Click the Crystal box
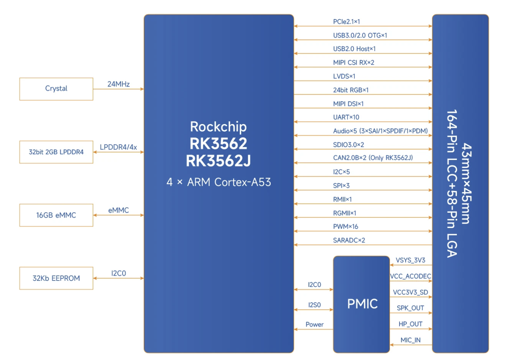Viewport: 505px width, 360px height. (x=56, y=89)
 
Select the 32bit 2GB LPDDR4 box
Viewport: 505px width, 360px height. (x=56, y=152)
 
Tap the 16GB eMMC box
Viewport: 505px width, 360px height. (x=56, y=215)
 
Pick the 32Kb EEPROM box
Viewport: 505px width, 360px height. (x=56, y=278)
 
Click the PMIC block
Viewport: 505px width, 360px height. (x=362, y=304)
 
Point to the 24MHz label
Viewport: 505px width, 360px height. (x=118, y=84)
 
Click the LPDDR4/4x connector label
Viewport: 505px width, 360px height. (x=118, y=147)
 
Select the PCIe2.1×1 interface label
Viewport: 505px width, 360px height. (x=346, y=22)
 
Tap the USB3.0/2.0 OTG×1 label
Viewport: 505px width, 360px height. (x=360, y=35)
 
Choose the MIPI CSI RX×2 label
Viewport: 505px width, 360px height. (x=353, y=63)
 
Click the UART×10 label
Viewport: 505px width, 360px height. (x=346, y=117)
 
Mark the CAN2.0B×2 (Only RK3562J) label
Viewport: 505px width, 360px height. (x=373, y=158)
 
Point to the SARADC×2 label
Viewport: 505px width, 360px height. (x=349, y=240)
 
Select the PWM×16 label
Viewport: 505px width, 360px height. (x=345, y=227)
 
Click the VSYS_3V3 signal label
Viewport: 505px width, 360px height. (x=410, y=260)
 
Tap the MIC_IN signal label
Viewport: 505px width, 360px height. (x=410, y=340)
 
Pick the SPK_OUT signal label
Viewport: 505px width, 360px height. (x=410, y=308)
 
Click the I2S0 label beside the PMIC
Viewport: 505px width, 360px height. (x=314, y=305)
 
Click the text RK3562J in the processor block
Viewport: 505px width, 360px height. (x=218, y=161)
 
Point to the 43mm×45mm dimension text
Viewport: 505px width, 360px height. (x=467, y=184)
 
